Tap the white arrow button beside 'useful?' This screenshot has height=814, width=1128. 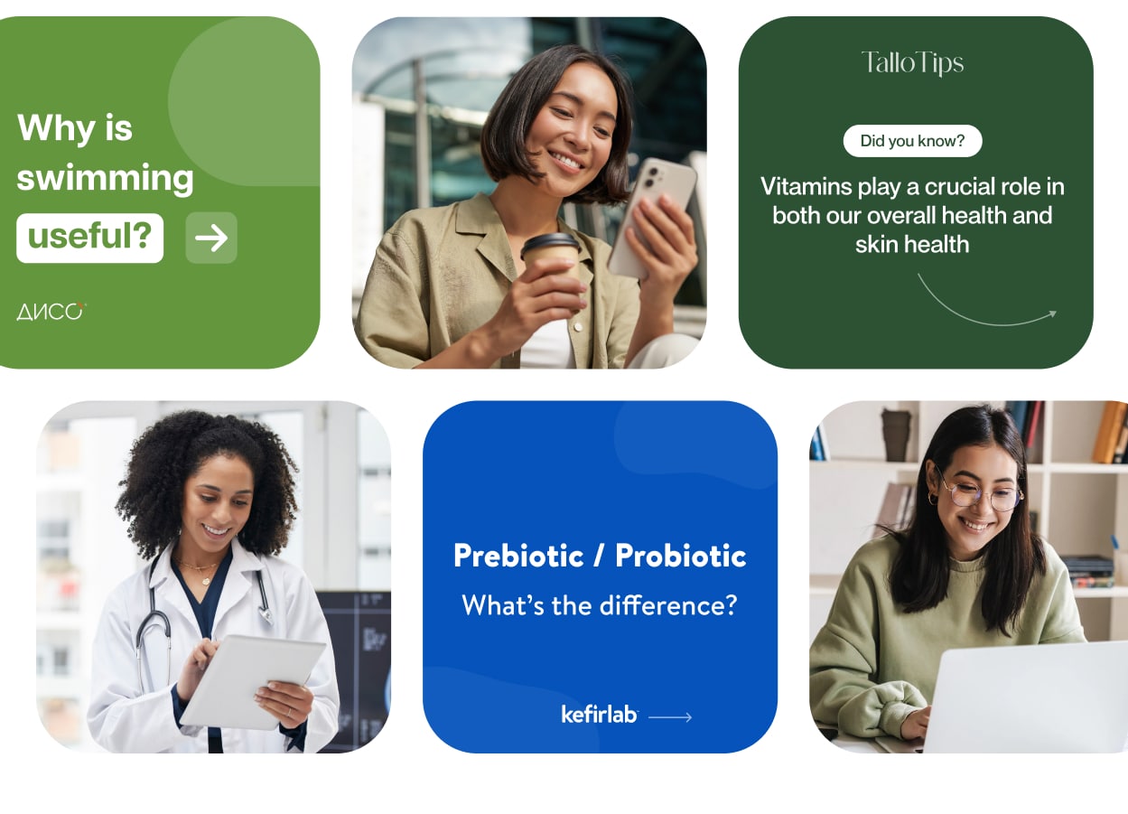(211, 238)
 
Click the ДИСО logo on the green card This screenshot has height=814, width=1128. (51, 312)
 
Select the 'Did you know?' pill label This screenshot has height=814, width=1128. (912, 141)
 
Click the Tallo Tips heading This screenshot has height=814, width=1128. (912, 63)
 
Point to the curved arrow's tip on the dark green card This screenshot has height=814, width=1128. (1056, 313)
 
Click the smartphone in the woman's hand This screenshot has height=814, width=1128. (653, 218)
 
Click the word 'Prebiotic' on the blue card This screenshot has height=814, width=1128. (518, 556)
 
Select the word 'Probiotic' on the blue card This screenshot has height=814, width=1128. (681, 556)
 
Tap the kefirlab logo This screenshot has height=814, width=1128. (600, 715)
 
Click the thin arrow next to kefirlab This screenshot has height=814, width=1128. (670, 716)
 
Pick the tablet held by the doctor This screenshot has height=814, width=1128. (252, 681)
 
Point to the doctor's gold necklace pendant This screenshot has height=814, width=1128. (205, 580)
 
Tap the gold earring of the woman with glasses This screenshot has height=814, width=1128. (932, 499)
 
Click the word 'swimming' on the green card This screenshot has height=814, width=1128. (106, 179)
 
